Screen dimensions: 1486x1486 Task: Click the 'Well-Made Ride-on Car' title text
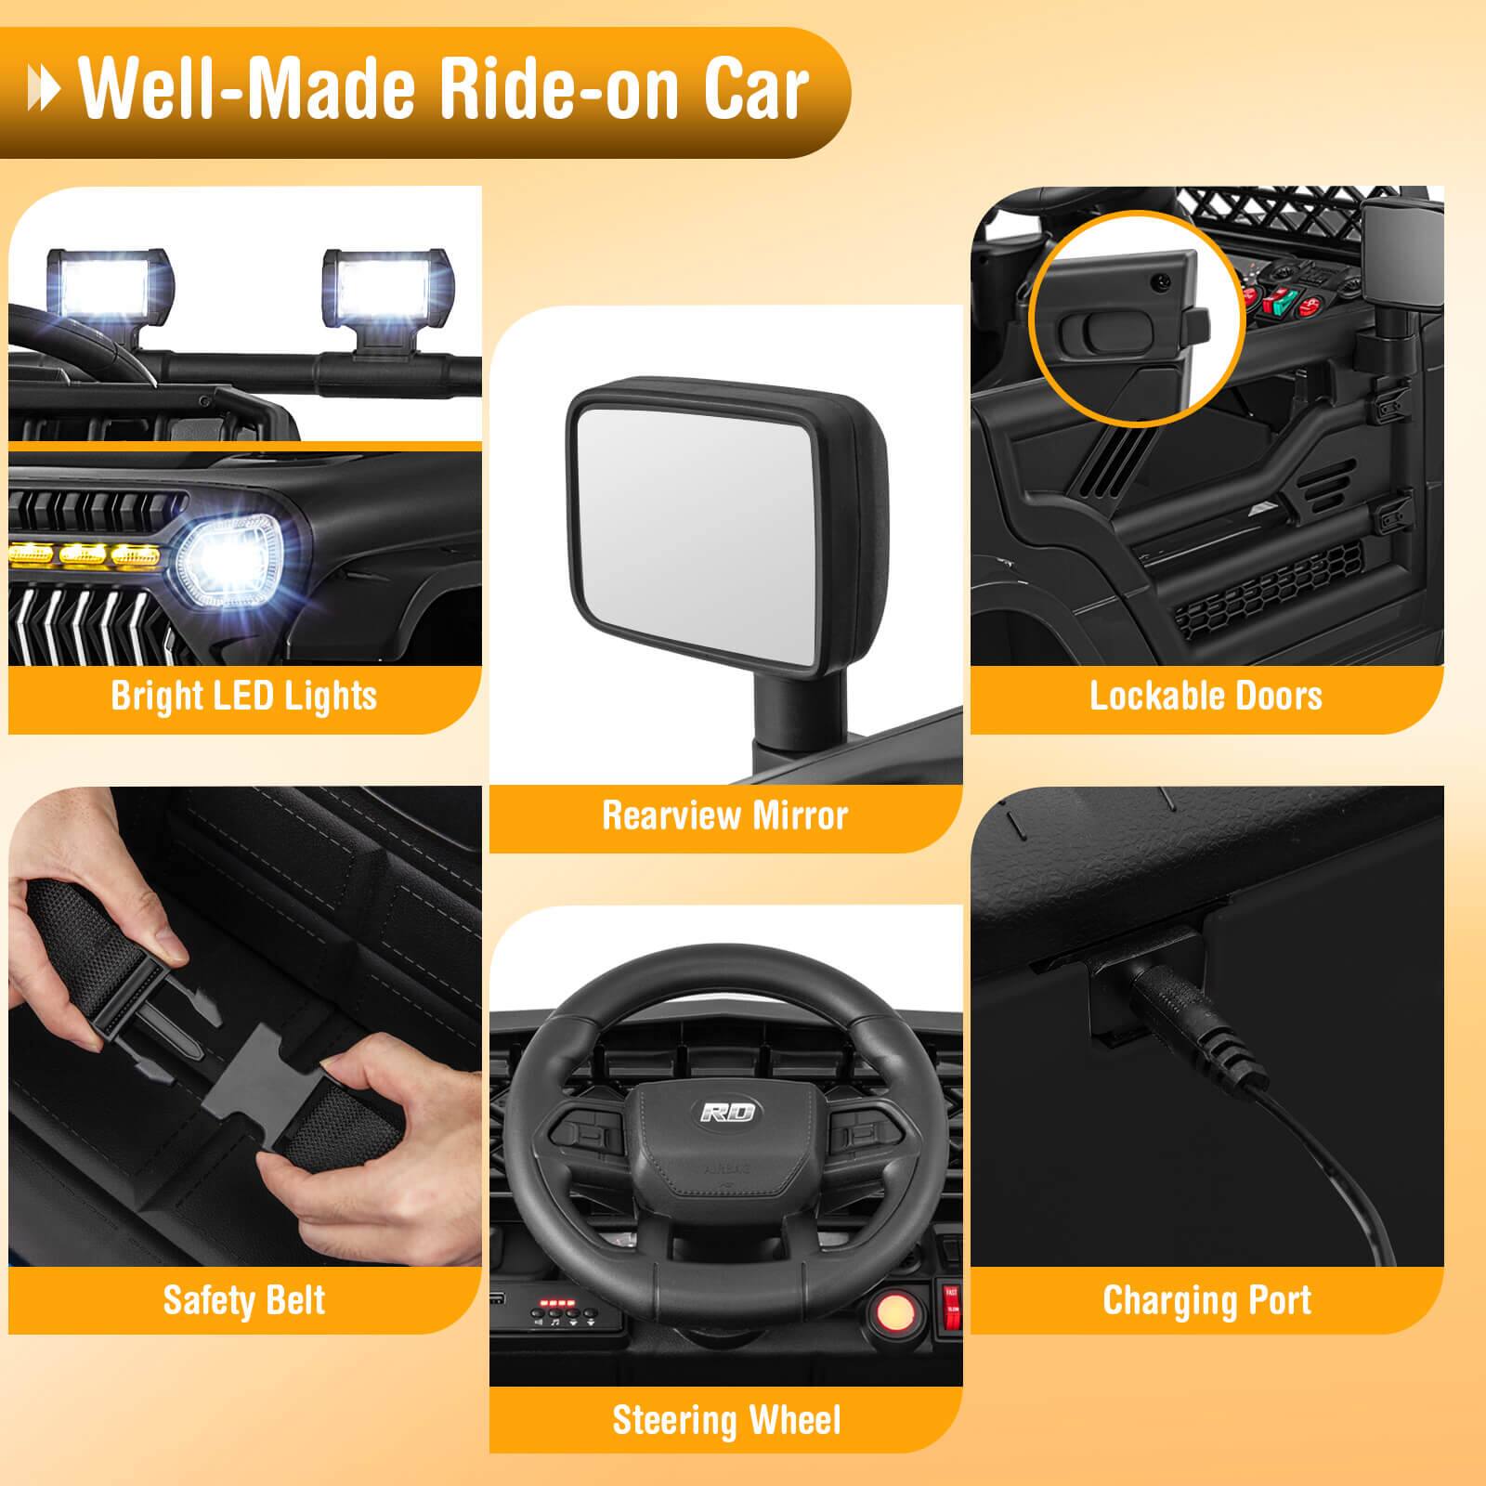click(x=444, y=90)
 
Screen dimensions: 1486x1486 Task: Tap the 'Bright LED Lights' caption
click(x=244, y=696)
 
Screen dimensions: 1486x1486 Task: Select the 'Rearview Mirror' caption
click(x=725, y=815)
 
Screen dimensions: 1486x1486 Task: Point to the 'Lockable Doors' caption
click(x=1206, y=696)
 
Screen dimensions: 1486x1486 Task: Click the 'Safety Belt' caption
click(x=244, y=1299)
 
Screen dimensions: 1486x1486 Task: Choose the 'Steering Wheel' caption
click(x=726, y=1420)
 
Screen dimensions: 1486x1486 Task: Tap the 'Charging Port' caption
click(x=1206, y=1299)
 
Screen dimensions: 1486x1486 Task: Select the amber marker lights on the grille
click(x=84, y=555)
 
